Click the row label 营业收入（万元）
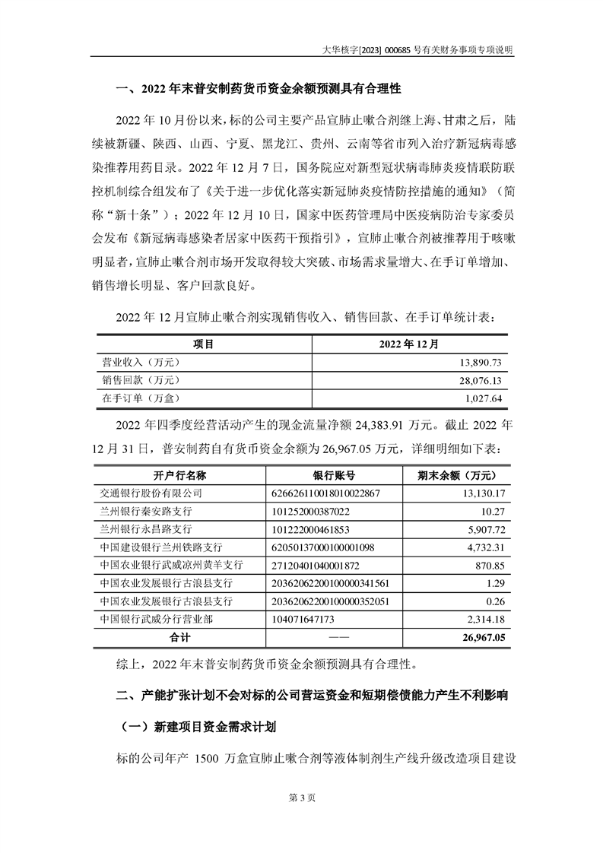(141, 363)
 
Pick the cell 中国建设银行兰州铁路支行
(161, 547)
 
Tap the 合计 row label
(179, 637)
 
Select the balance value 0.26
(497, 601)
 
